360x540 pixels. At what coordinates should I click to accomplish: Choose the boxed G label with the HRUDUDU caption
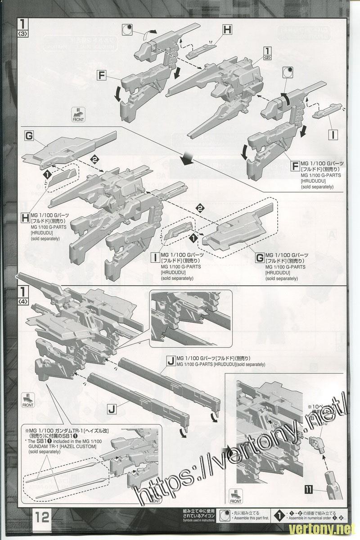pos(259,258)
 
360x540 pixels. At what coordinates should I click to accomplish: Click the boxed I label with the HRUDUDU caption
pos(154,258)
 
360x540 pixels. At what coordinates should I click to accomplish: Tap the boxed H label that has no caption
pos(227,30)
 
